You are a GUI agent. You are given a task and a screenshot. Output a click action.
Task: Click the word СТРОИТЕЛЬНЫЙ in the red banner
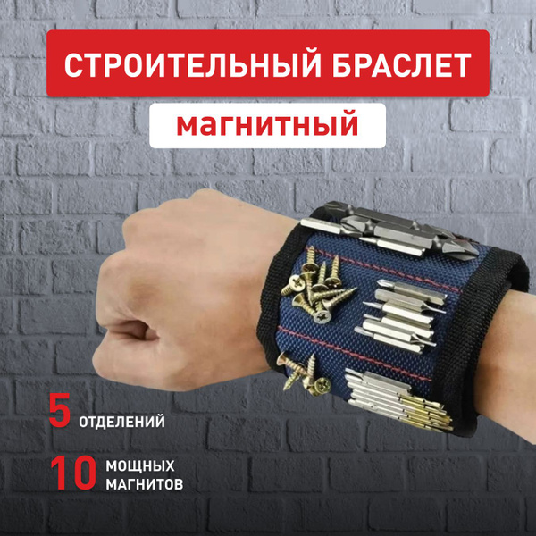192,65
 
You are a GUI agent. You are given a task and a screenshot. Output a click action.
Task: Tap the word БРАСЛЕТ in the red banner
402,65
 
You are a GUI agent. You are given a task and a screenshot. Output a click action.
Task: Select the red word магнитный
267,125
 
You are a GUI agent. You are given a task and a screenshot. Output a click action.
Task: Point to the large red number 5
60,410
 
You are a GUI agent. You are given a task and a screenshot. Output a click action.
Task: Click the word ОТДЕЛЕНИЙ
121,422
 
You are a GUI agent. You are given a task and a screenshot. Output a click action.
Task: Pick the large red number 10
73,473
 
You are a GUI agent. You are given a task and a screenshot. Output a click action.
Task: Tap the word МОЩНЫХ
140,466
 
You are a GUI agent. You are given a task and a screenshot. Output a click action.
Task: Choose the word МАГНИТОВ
144,484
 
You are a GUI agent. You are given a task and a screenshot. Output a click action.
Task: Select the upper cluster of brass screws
316,287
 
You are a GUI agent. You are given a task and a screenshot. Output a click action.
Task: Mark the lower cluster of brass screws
304,374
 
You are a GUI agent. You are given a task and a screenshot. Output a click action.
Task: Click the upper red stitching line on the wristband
386,270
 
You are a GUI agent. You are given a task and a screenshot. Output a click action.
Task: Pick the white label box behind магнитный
268,125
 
